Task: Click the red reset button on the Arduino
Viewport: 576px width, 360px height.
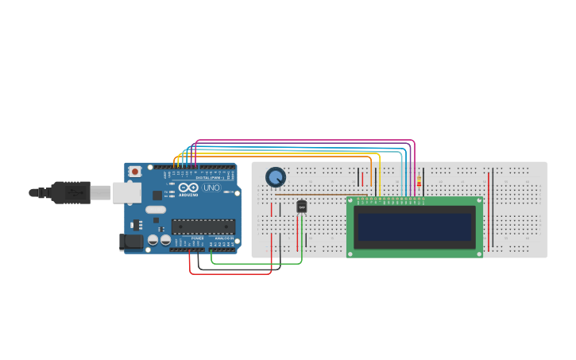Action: [x=135, y=171]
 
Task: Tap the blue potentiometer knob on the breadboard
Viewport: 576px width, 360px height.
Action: [x=275, y=177]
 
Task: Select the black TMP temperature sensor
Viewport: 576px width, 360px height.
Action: [x=301, y=207]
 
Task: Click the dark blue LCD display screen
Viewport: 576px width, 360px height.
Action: [x=414, y=226]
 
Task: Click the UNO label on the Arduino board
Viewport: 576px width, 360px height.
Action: [x=211, y=188]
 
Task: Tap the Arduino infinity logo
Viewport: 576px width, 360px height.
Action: [x=188, y=188]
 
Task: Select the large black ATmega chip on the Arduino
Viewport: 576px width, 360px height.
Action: [x=203, y=226]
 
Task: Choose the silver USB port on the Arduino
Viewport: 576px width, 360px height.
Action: [x=126, y=192]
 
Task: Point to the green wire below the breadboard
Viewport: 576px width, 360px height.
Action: [x=254, y=263]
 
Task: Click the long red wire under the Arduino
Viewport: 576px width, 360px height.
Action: [x=230, y=274]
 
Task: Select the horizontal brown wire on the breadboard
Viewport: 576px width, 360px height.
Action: [x=326, y=194]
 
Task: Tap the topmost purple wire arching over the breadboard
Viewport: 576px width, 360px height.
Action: [x=306, y=141]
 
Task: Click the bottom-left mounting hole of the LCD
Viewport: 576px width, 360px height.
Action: [x=351, y=254]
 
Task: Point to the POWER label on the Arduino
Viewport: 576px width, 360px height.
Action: [x=197, y=238]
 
